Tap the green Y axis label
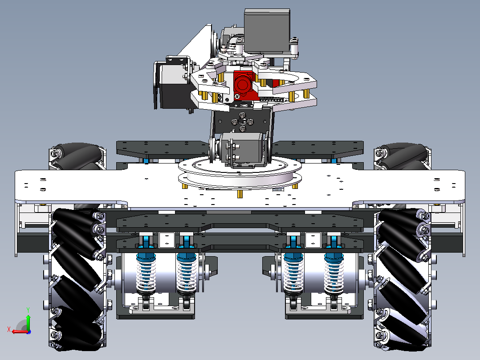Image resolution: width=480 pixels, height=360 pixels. [28, 310]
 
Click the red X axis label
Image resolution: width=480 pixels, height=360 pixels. [9, 330]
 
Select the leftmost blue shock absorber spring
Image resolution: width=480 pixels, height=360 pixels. [146, 274]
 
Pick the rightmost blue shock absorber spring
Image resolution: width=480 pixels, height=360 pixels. [334, 274]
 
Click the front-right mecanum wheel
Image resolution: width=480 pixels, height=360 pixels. [403, 279]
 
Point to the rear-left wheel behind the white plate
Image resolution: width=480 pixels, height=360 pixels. [77, 156]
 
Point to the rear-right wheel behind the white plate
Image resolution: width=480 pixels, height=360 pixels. [403, 156]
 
